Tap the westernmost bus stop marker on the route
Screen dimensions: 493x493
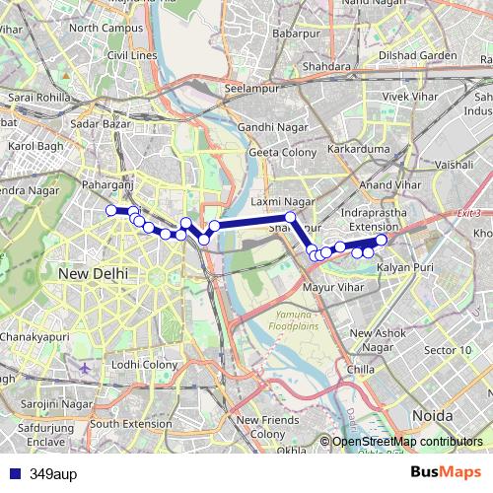pos(111,209)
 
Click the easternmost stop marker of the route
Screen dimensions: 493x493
pos(382,240)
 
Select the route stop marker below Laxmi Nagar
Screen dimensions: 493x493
pos(290,217)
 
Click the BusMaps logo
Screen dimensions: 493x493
pos(447,472)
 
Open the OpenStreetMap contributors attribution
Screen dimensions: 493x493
pos(406,443)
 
